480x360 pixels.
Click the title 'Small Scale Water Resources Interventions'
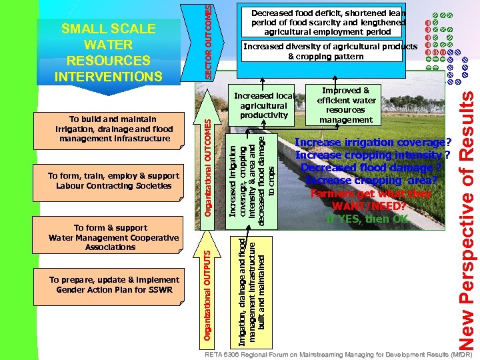(108, 53)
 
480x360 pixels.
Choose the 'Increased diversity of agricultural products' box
(330, 51)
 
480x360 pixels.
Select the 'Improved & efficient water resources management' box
(345, 105)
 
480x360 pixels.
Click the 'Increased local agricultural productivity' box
(264, 106)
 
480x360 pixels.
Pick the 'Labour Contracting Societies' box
(114, 181)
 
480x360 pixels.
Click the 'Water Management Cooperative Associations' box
(114, 237)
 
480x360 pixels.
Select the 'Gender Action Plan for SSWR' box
(114, 285)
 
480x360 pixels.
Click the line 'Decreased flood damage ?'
(371, 167)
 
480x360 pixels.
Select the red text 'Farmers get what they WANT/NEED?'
(371, 199)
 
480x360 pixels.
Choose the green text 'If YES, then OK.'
(367, 219)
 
